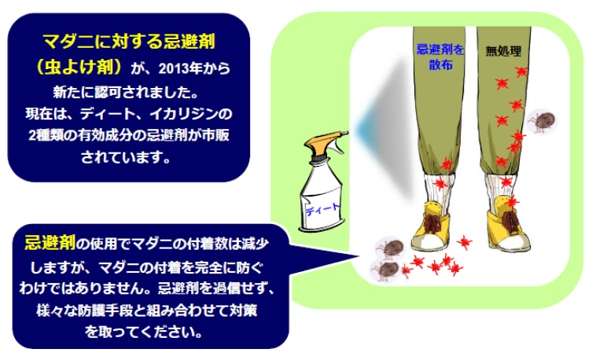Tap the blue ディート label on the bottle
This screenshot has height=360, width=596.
322,209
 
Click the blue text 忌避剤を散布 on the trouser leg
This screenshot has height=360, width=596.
440,57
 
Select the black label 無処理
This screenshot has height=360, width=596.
503,51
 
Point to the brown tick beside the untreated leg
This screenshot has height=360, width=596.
541,121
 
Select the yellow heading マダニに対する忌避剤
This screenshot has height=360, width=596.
129,42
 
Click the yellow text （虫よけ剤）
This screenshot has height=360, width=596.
79,67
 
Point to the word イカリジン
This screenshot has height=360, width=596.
184,114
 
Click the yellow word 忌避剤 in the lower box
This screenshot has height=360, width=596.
50,242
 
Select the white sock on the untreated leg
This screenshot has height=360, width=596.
500,192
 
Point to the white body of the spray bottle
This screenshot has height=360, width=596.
322,197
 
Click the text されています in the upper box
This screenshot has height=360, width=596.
126,157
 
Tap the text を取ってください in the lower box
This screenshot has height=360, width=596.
144,332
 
